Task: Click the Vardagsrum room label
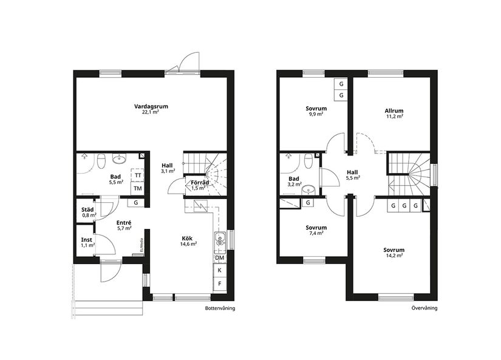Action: (x=151, y=109)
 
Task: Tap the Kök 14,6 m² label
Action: (x=188, y=241)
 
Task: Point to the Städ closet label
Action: (x=89, y=212)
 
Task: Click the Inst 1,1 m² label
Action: (x=87, y=242)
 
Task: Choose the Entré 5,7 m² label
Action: (x=124, y=226)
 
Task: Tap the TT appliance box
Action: (x=138, y=175)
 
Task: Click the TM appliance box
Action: (x=138, y=188)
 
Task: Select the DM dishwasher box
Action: (x=219, y=258)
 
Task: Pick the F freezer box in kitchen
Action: (x=219, y=284)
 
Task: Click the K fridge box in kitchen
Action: (x=219, y=270)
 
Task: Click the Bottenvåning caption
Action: (x=220, y=308)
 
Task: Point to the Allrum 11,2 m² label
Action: (x=394, y=114)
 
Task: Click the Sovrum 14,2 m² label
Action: (x=394, y=253)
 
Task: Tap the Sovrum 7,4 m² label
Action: (x=315, y=229)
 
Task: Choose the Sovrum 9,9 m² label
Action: (x=315, y=112)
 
